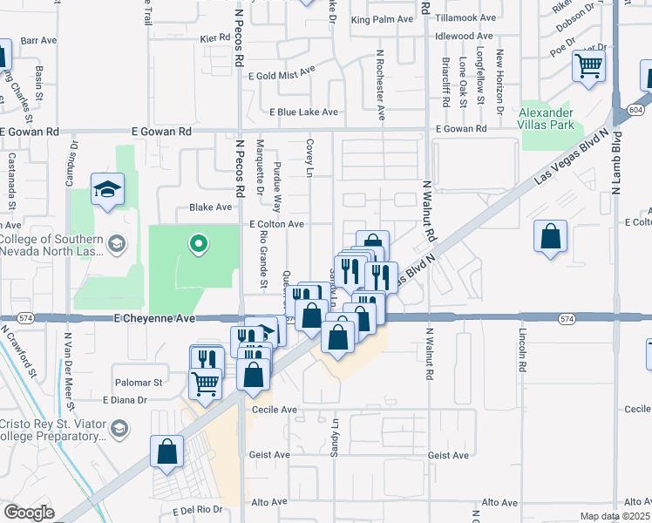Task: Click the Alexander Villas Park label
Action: tap(547, 119)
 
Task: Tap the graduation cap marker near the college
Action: tap(107, 189)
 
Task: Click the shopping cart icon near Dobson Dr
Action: tap(588, 65)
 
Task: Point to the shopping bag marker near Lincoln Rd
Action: tap(551, 236)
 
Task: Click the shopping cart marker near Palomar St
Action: tap(206, 382)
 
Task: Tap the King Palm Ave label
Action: tap(381, 18)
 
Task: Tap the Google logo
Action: tap(29, 512)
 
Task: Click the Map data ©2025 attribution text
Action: tap(614, 516)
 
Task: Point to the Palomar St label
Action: tap(139, 383)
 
